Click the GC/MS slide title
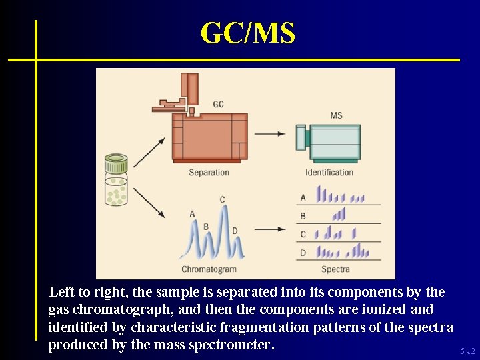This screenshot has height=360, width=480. (247, 33)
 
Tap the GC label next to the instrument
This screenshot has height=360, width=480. (219, 104)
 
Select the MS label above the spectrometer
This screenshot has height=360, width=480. (336, 115)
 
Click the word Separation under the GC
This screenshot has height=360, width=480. (209, 173)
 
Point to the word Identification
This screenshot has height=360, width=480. (329, 173)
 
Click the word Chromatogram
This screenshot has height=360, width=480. (209, 269)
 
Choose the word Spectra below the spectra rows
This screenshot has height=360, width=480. (335, 269)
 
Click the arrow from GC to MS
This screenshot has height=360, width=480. (269, 134)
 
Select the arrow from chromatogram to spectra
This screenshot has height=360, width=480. (269, 229)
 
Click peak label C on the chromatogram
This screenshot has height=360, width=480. (223, 199)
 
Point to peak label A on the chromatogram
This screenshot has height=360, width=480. (192, 214)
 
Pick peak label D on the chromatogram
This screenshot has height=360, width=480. (235, 231)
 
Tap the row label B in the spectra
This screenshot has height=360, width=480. (303, 216)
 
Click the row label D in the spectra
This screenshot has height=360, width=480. (303, 253)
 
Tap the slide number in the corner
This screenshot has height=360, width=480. (467, 351)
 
